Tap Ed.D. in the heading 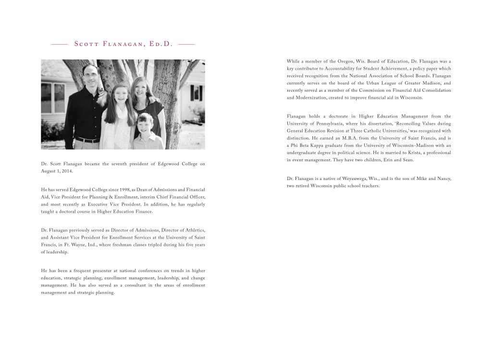160,44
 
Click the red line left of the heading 59,44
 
